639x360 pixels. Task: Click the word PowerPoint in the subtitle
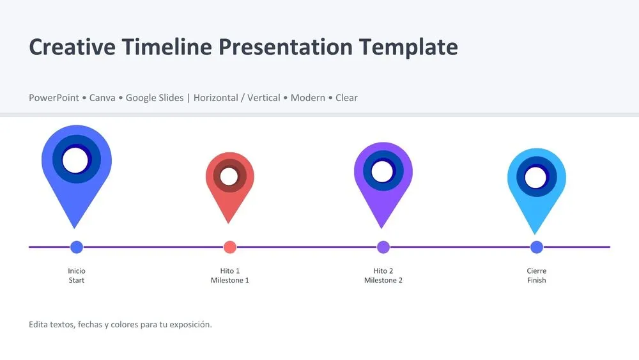click(54, 98)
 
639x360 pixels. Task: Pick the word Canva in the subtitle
click(102, 98)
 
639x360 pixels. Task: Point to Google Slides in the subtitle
click(155, 98)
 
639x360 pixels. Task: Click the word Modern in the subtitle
click(308, 98)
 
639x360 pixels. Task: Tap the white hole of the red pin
click(229, 176)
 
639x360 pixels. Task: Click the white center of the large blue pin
click(76, 160)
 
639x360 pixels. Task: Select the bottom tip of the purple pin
click(382, 227)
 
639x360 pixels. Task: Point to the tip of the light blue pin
click(536, 233)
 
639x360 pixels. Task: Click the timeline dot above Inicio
click(77, 247)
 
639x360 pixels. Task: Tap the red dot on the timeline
click(230, 247)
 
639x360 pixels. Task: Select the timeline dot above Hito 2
click(383, 247)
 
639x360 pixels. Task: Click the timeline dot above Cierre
click(537, 247)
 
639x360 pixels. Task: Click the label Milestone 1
click(230, 281)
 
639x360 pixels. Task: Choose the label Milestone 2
click(383, 281)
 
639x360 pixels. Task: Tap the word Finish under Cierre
click(537, 281)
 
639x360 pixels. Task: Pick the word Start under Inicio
click(77, 281)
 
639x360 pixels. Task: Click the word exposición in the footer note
click(191, 325)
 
